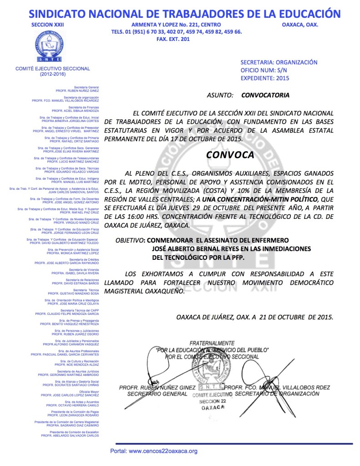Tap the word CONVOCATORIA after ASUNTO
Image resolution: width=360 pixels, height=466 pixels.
[265, 96]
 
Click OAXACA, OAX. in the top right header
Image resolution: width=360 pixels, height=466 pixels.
[300, 25]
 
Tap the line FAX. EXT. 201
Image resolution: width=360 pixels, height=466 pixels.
[176, 39]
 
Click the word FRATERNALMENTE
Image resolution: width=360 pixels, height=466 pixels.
[213, 343]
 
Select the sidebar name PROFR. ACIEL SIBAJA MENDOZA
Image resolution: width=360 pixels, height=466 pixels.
[75, 111]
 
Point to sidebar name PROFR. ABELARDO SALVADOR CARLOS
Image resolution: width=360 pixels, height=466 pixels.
[70, 435]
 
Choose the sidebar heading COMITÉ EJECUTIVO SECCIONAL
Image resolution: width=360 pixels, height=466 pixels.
[53, 68]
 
